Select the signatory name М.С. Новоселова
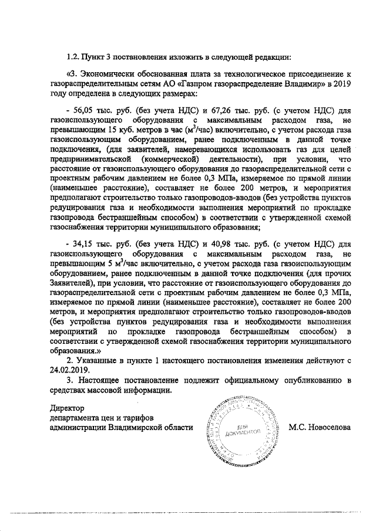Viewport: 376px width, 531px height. point(320,428)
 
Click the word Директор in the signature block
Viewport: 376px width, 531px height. point(68,408)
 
